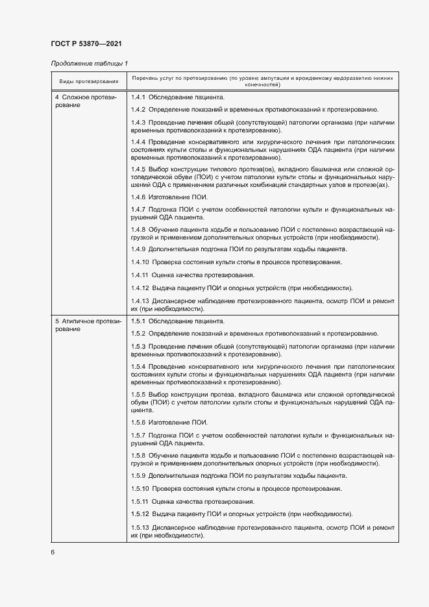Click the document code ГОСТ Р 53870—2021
pyautogui.click(x=86, y=44)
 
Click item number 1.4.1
pyautogui.click(x=138, y=97)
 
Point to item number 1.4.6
pyautogui.click(x=138, y=196)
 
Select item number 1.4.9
pyautogui.click(x=138, y=249)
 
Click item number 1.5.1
pyautogui.click(x=138, y=321)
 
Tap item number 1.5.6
pyautogui.click(x=138, y=422)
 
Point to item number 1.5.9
pyautogui.click(x=138, y=476)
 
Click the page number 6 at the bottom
pyautogui.click(x=53, y=552)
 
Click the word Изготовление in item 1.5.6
pyautogui.click(x=168, y=422)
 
